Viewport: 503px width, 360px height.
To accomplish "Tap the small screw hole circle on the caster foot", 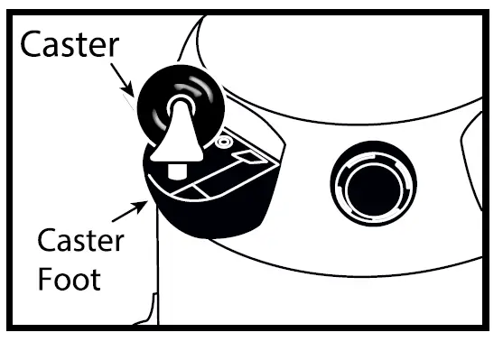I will pyautogui.click(x=221, y=142).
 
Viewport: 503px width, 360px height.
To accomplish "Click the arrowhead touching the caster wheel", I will pyautogui.click(x=136, y=91).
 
